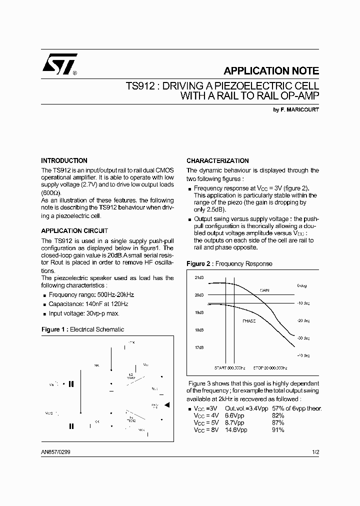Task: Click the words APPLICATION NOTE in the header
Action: [x=271, y=71]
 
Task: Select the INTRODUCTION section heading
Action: [x=64, y=161]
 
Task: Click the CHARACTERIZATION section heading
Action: [x=217, y=161]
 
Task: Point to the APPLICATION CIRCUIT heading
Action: [x=74, y=231]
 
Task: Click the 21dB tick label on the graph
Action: [x=199, y=277]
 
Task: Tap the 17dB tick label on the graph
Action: [x=199, y=347]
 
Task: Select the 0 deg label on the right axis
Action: [x=301, y=285]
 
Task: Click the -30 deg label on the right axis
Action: [x=303, y=338]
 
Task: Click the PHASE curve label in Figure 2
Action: [x=248, y=321]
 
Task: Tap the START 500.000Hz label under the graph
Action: [x=230, y=367]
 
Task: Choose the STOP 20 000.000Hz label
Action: [x=270, y=367]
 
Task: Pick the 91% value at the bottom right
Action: [x=278, y=430]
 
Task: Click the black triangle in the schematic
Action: [x=167, y=404]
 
